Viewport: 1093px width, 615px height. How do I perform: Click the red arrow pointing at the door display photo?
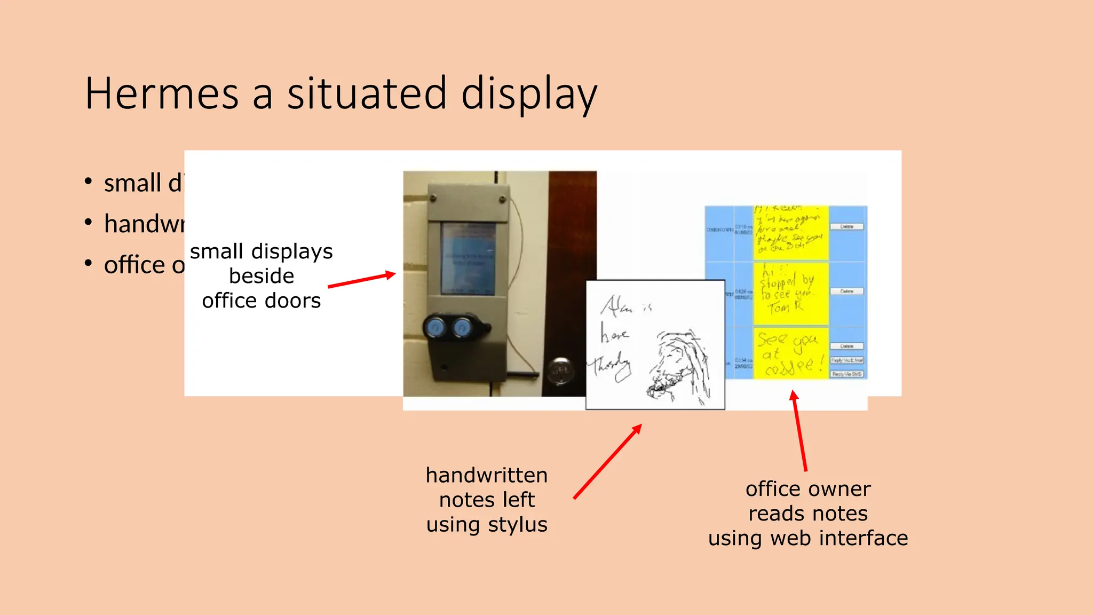point(361,280)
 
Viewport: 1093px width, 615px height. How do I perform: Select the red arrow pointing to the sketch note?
point(607,462)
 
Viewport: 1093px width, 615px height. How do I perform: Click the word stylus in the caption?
point(517,525)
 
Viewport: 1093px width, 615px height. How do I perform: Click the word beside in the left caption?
point(262,276)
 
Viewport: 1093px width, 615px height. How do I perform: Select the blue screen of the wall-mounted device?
point(468,259)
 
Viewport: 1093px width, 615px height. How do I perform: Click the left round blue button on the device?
point(435,328)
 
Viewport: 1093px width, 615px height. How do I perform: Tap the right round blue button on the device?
point(462,328)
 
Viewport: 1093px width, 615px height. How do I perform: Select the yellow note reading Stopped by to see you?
point(790,294)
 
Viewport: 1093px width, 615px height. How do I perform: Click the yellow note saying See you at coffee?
point(790,353)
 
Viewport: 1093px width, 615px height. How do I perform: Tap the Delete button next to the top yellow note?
point(846,227)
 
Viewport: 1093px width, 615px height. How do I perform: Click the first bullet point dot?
point(89,182)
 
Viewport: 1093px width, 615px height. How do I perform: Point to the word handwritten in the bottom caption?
point(486,475)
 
